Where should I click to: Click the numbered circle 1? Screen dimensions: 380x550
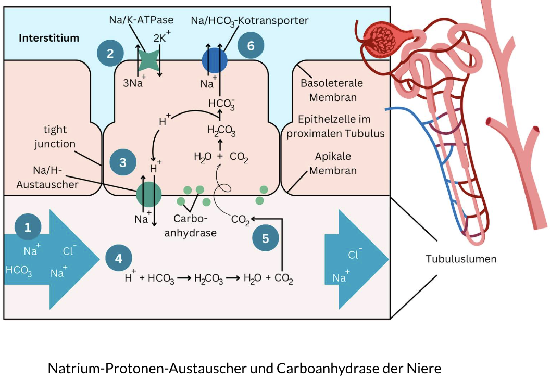28,227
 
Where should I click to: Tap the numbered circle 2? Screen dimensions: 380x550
110,53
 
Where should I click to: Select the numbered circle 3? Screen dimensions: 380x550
123,162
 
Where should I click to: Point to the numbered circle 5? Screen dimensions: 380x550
266,239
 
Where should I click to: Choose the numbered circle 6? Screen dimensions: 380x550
251,46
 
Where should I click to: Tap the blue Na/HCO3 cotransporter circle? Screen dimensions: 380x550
215,60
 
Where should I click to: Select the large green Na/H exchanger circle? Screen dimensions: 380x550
149,194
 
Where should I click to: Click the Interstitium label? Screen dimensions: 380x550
49,38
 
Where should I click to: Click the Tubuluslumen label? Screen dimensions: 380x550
461,259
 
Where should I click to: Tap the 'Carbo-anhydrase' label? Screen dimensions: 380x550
191,226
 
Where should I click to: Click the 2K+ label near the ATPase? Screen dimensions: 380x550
162,38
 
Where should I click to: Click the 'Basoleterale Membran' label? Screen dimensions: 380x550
332,90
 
